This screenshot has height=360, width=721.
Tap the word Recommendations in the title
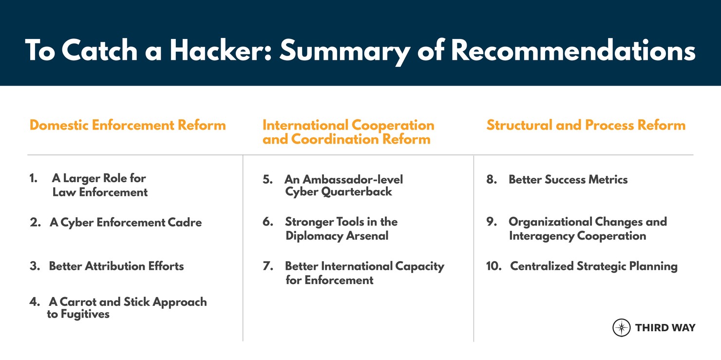[x=573, y=50]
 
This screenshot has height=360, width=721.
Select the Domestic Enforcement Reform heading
[x=128, y=125]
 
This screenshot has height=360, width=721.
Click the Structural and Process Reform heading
[x=586, y=125]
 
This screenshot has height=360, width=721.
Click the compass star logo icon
[x=621, y=327]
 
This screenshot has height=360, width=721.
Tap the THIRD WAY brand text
[x=665, y=328]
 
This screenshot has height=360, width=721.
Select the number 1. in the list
[x=34, y=178]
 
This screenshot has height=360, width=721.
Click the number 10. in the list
[x=493, y=266]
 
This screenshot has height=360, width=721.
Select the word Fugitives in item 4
[x=85, y=315]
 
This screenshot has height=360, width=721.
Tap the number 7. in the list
[x=268, y=266]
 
